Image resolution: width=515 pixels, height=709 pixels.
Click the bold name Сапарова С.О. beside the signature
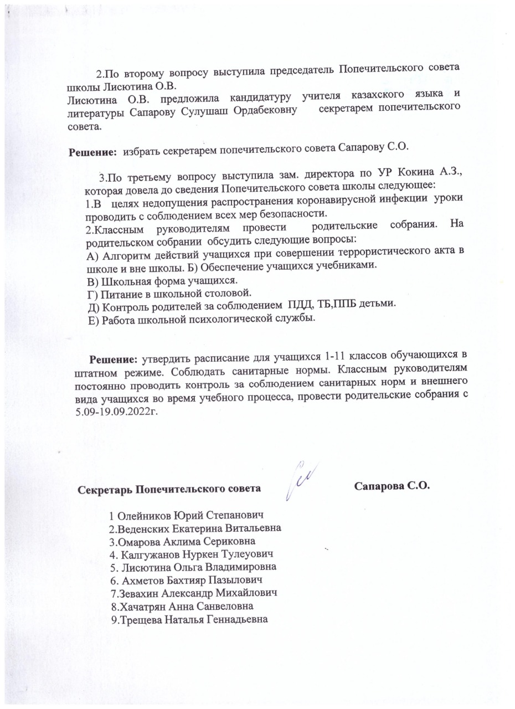click(392, 486)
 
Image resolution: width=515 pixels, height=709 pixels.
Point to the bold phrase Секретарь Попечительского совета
click(169, 490)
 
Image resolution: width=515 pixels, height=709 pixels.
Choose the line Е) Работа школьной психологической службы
click(202, 319)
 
